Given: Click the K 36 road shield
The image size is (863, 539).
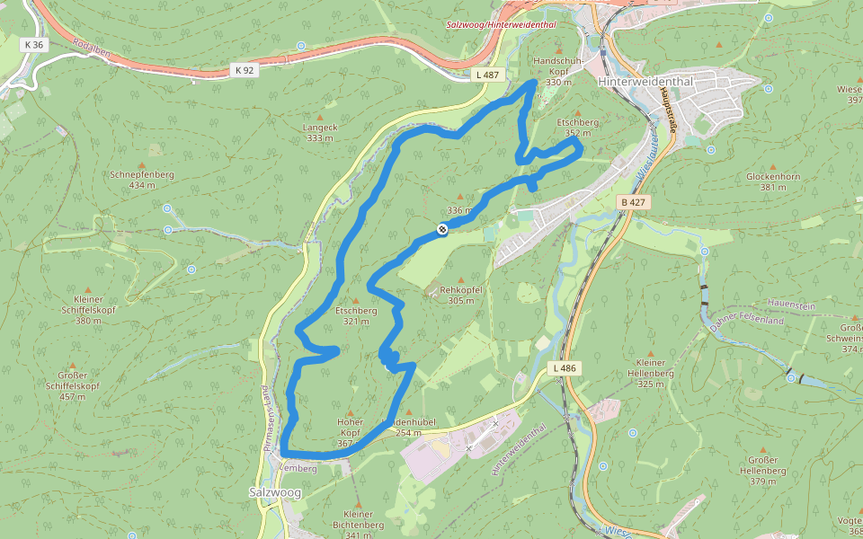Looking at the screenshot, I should [x=34, y=44].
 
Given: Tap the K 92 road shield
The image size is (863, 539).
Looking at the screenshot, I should [x=245, y=69].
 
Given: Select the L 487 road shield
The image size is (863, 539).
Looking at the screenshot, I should [x=488, y=75].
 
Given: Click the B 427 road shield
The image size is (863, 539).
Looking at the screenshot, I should [x=634, y=203].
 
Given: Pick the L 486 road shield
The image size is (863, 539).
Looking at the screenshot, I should [x=565, y=368].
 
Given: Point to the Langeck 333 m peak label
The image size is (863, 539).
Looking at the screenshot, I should [x=320, y=133].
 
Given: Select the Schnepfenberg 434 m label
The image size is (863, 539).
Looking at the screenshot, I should [x=141, y=180].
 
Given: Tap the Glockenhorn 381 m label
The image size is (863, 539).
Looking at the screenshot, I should [x=772, y=181].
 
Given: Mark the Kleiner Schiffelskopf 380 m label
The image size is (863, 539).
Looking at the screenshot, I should [x=88, y=309].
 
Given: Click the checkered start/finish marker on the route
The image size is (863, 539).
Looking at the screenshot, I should [x=442, y=230].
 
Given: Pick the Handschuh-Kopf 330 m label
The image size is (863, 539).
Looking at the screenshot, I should [x=558, y=71].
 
